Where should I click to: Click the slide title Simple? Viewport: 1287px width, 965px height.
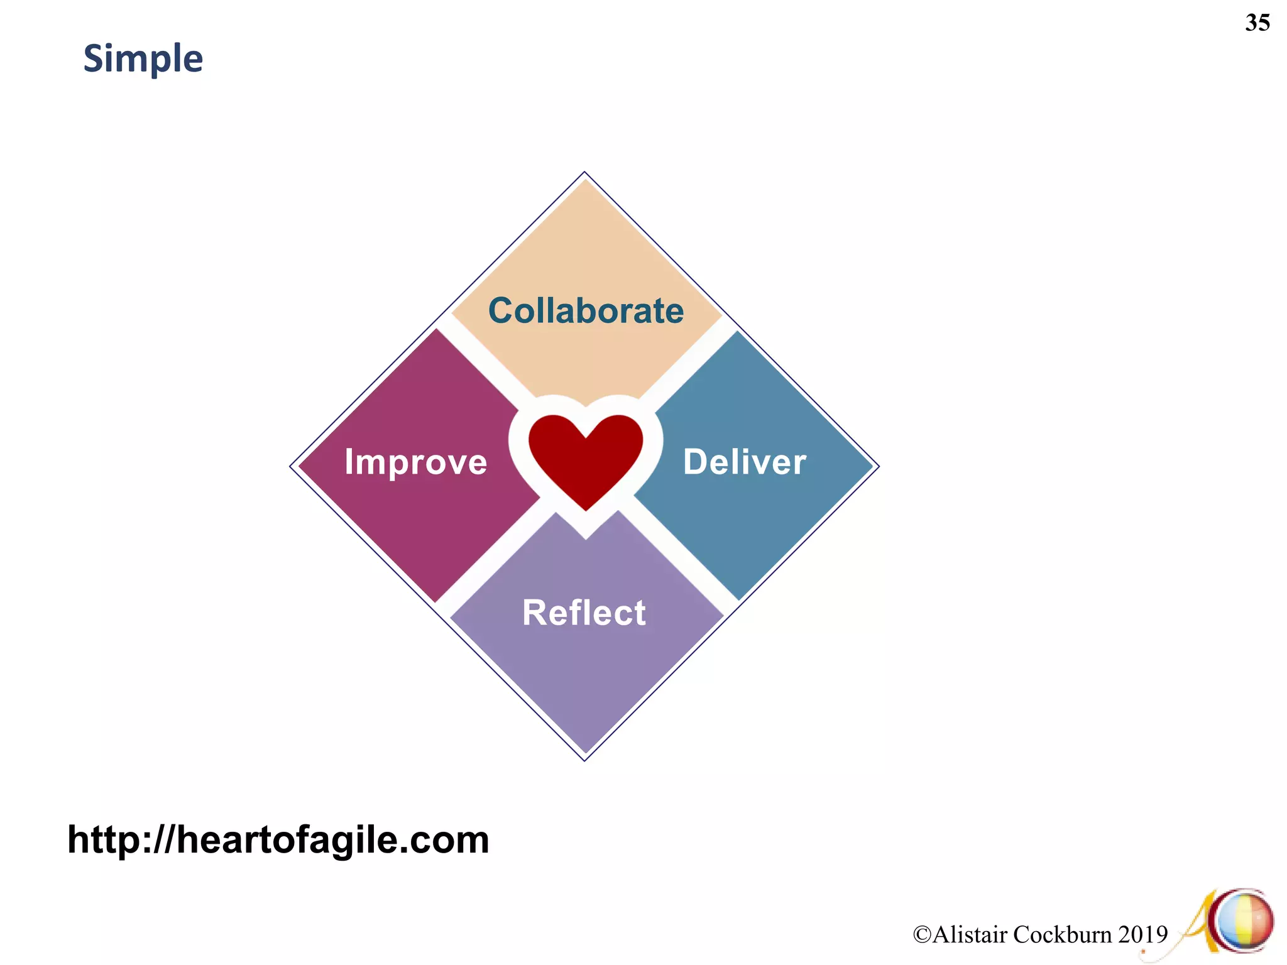click(143, 59)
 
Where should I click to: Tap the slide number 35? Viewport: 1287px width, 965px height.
click(1257, 23)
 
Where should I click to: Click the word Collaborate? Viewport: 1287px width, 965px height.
click(586, 311)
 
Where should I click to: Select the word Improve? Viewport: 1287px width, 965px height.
click(415, 462)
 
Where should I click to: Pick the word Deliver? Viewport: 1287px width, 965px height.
click(744, 462)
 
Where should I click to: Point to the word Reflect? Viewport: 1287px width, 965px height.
click(584, 613)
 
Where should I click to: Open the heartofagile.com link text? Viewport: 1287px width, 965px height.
click(278, 839)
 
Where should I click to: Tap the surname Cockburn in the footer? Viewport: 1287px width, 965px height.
click(1063, 935)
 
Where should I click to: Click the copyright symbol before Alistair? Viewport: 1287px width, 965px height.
click(922, 935)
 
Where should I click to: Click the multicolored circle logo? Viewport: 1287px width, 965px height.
click(1245, 921)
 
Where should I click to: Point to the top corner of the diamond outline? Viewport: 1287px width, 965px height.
click(584, 172)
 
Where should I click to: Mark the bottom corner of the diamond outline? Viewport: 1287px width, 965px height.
click(584, 761)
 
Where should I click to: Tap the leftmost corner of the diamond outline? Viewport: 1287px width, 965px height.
click(290, 466)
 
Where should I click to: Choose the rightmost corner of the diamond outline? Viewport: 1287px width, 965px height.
click(879, 466)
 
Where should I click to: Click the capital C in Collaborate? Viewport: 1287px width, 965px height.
click(501, 311)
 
